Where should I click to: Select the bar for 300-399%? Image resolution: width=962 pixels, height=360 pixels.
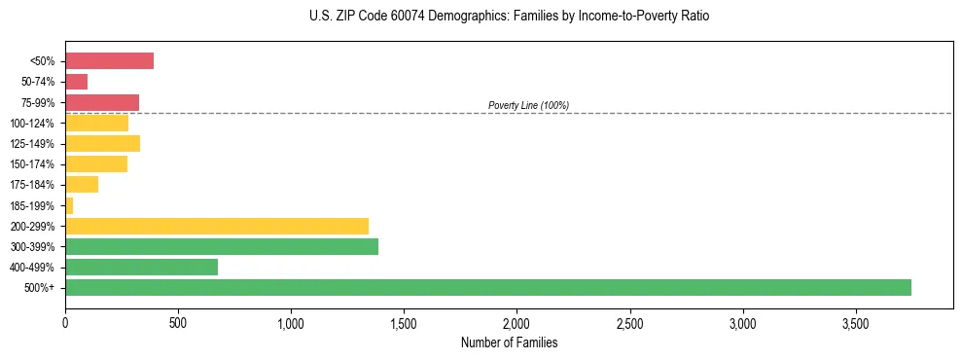222,246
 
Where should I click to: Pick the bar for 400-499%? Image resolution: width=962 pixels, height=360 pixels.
141,267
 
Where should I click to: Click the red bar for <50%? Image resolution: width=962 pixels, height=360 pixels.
109,61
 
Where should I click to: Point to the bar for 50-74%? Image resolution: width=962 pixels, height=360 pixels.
77,82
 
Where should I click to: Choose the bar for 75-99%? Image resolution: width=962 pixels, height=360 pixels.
102,102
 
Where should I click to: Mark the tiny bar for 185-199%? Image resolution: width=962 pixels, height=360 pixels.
69,205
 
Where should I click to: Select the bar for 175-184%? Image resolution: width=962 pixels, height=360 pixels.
82,185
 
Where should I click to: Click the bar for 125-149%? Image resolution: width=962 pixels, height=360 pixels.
102,143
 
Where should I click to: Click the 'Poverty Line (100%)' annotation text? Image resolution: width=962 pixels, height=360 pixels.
528,105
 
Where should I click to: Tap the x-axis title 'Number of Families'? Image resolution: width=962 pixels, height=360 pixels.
509,342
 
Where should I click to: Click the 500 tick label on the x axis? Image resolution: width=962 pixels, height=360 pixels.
178,322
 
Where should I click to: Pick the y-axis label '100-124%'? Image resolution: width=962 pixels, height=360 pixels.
32,124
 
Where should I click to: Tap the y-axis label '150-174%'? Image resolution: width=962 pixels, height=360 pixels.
32,164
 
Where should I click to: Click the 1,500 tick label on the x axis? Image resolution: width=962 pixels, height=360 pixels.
404,322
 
